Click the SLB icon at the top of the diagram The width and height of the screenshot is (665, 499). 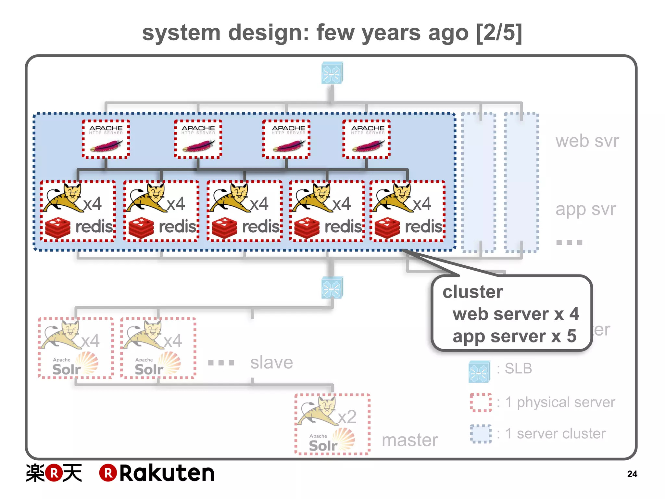332,73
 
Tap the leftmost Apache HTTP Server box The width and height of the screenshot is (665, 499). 106,139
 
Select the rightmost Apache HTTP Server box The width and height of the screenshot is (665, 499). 367,139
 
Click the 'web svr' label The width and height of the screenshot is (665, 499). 587,141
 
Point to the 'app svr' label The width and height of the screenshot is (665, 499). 585,209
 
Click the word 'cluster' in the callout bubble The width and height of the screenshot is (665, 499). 472,292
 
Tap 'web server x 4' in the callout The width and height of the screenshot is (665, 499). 516,314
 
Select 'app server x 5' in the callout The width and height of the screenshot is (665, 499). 514,336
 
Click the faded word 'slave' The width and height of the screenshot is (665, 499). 271,363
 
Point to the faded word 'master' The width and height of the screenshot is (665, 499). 410,440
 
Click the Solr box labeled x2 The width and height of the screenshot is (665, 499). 332,424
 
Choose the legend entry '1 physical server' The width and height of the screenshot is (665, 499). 560,402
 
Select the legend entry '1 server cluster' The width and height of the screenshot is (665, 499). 555,434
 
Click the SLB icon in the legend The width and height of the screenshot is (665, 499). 479,371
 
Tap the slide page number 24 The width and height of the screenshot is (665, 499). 632,474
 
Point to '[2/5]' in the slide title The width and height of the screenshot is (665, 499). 499,32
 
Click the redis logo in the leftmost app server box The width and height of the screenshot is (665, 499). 57,228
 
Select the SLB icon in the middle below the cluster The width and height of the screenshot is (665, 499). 332,288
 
